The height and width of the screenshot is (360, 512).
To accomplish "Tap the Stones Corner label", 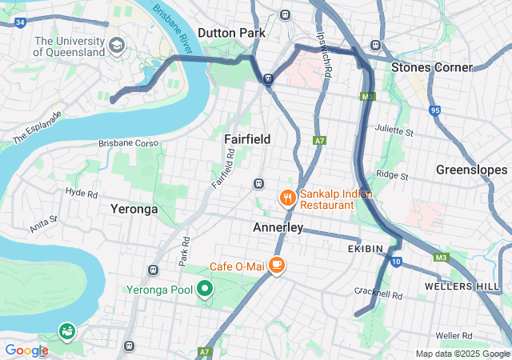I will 431,67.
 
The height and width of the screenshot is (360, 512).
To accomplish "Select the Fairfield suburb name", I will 247,139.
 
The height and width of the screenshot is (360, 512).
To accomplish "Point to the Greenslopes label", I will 471,170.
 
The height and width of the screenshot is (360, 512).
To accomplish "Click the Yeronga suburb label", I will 134,209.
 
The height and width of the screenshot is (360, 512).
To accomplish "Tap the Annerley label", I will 278,228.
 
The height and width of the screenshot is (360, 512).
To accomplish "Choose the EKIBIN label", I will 372,250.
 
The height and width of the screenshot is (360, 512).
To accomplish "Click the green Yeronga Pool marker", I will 205,289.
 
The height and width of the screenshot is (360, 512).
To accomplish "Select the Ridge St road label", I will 392,175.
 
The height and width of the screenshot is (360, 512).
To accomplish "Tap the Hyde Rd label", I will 82,194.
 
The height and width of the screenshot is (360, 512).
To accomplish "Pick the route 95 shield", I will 435,110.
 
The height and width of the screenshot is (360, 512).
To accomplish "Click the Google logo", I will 26,350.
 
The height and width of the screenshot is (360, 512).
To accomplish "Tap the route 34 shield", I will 19,22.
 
